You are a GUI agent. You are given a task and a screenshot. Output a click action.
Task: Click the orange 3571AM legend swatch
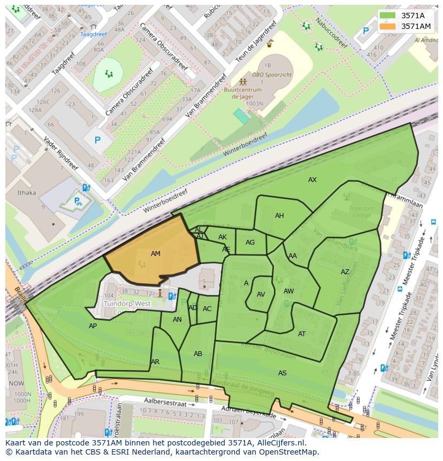[389, 26]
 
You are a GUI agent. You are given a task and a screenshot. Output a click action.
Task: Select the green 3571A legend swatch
[389, 16]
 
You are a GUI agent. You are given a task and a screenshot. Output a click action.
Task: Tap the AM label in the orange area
[156, 254]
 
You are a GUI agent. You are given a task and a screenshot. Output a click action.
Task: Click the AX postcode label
[312, 180]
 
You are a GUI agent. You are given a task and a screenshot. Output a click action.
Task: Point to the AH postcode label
[279, 216]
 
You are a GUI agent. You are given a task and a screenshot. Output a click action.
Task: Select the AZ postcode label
[345, 272]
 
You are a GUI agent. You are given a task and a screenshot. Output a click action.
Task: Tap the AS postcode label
[282, 373]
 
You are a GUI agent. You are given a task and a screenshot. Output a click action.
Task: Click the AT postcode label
[302, 334]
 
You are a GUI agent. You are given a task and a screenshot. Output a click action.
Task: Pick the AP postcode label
[93, 326]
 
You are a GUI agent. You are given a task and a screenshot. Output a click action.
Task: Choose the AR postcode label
[155, 362]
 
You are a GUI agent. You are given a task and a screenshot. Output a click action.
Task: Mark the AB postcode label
[198, 354]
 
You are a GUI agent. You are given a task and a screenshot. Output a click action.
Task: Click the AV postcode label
[261, 294]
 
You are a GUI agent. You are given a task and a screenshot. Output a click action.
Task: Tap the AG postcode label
[250, 243]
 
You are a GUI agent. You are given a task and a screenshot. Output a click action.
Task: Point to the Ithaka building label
[27, 193]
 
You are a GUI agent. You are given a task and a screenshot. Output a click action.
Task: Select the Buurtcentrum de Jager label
[243, 94]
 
